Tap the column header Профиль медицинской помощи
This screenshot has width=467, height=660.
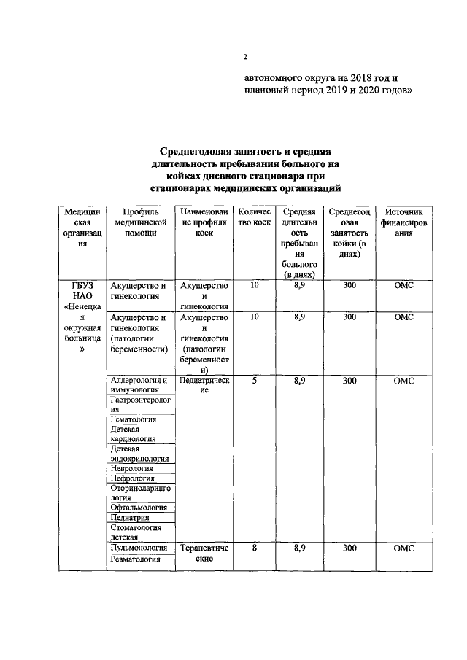[x=142, y=222]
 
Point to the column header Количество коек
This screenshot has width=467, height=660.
[x=253, y=217]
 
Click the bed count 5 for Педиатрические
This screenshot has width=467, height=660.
[x=253, y=380]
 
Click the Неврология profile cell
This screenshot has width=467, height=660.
[x=134, y=468]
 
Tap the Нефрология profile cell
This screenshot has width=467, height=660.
[x=135, y=480]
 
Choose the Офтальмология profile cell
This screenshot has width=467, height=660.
[x=139, y=507]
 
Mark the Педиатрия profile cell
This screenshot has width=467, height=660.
[x=131, y=517]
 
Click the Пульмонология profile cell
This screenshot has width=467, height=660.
[x=139, y=546]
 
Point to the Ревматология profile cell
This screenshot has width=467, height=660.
[x=135, y=559]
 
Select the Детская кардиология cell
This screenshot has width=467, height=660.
[x=134, y=435]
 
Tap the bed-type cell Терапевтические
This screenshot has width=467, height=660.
[x=204, y=552]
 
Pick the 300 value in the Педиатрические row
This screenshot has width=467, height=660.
[x=349, y=380]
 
